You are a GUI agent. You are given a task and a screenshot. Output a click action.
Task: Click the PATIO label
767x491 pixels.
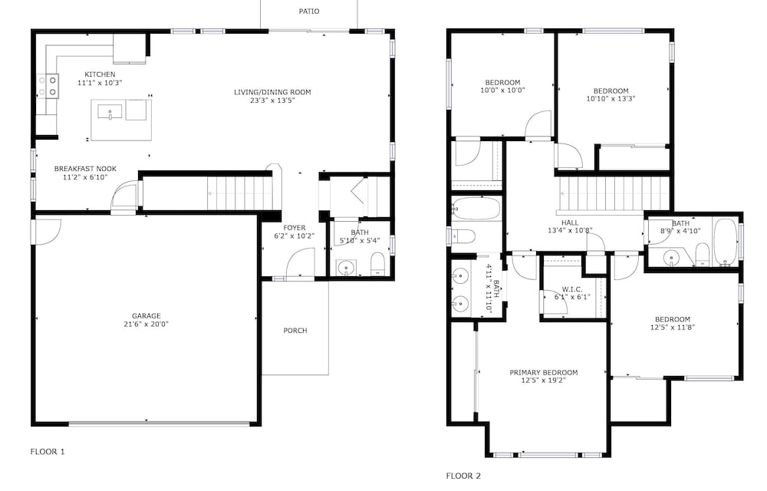click(309, 12)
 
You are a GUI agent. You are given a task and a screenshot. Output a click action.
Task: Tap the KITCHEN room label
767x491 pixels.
click(100, 74)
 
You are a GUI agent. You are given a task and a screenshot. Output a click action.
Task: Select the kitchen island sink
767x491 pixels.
click(110, 112)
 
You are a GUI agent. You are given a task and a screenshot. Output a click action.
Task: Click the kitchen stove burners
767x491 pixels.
click(48, 86)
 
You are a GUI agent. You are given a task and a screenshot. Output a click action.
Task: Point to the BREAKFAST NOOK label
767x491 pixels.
click(85, 169)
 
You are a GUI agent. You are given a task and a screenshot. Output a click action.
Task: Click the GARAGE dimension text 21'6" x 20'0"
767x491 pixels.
click(146, 324)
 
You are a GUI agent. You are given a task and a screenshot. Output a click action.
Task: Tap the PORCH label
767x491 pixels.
click(295, 331)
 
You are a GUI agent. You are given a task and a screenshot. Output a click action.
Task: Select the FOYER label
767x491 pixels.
click(295, 227)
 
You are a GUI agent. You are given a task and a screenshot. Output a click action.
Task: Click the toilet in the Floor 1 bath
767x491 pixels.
click(377, 264)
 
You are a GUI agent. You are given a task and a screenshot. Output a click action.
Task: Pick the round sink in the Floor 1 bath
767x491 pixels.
click(347, 268)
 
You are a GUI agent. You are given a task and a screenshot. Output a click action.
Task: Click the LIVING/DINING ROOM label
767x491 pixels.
click(272, 92)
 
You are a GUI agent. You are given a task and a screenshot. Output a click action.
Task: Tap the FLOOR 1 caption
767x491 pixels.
click(48, 451)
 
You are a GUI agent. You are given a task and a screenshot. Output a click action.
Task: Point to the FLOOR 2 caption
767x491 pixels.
click(463, 476)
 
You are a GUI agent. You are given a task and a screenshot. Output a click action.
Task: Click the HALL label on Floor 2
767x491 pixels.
click(570, 222)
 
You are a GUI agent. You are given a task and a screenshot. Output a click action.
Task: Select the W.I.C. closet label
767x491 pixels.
click(572, 289)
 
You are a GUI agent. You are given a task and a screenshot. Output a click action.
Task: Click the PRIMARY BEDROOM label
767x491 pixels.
click(544, 372)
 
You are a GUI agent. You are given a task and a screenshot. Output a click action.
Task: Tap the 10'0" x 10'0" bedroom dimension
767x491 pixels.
click(503, 90)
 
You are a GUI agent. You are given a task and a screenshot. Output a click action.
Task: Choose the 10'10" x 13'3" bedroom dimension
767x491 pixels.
click(611, 98)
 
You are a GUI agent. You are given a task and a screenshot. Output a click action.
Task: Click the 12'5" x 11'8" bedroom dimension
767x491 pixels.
click(673, 327)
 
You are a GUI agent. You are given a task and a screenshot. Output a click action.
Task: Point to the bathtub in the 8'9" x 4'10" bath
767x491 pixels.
click(725, 242)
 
